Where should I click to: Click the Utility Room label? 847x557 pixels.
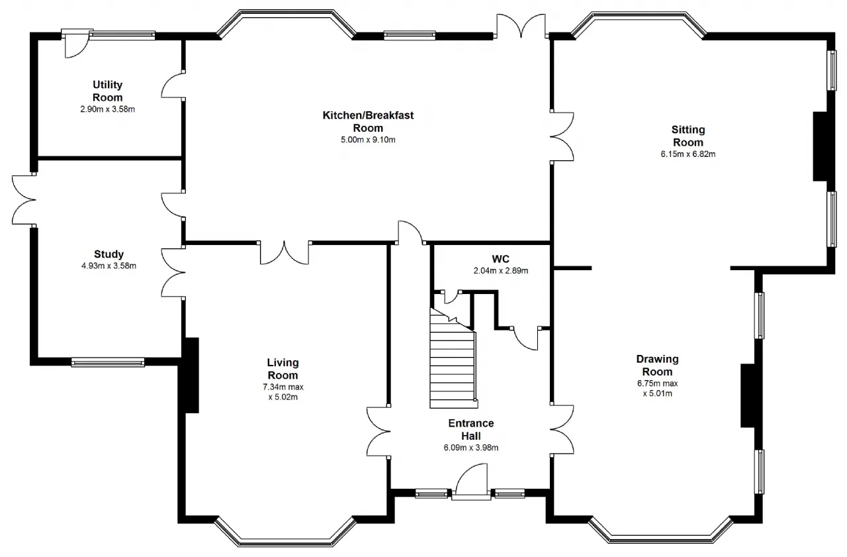pos(107,91)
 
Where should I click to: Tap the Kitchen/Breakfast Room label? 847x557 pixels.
pos(368,121)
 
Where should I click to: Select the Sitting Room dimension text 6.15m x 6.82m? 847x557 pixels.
pos(688,154)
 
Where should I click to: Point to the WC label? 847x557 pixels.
pos(501,259)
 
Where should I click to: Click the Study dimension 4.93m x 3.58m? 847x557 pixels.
pos(109,266)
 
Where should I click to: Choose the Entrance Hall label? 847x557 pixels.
pos(471,429)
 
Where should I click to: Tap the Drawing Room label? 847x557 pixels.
pos(658,365)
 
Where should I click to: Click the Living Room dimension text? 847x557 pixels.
pos(283,392)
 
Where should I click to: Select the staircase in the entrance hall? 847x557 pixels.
pos(453,360)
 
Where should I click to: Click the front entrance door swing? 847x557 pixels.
pos(471,480)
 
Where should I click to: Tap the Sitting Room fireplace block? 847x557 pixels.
pos(820,146)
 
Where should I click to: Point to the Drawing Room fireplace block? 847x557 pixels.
pos(748,396)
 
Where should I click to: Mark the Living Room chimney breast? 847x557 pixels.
pos(191,375)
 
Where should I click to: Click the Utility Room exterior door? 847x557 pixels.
pos(75,44)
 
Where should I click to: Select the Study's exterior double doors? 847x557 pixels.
pos(23,200)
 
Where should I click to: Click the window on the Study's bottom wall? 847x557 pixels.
pos(108,362)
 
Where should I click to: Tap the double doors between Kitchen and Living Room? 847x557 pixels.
pos(285,253)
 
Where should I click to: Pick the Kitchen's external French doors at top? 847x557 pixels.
pos(521,26)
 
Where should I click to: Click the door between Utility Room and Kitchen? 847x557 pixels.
pos(173,85)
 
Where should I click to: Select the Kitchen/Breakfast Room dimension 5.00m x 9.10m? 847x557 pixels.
pos(368,140)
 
